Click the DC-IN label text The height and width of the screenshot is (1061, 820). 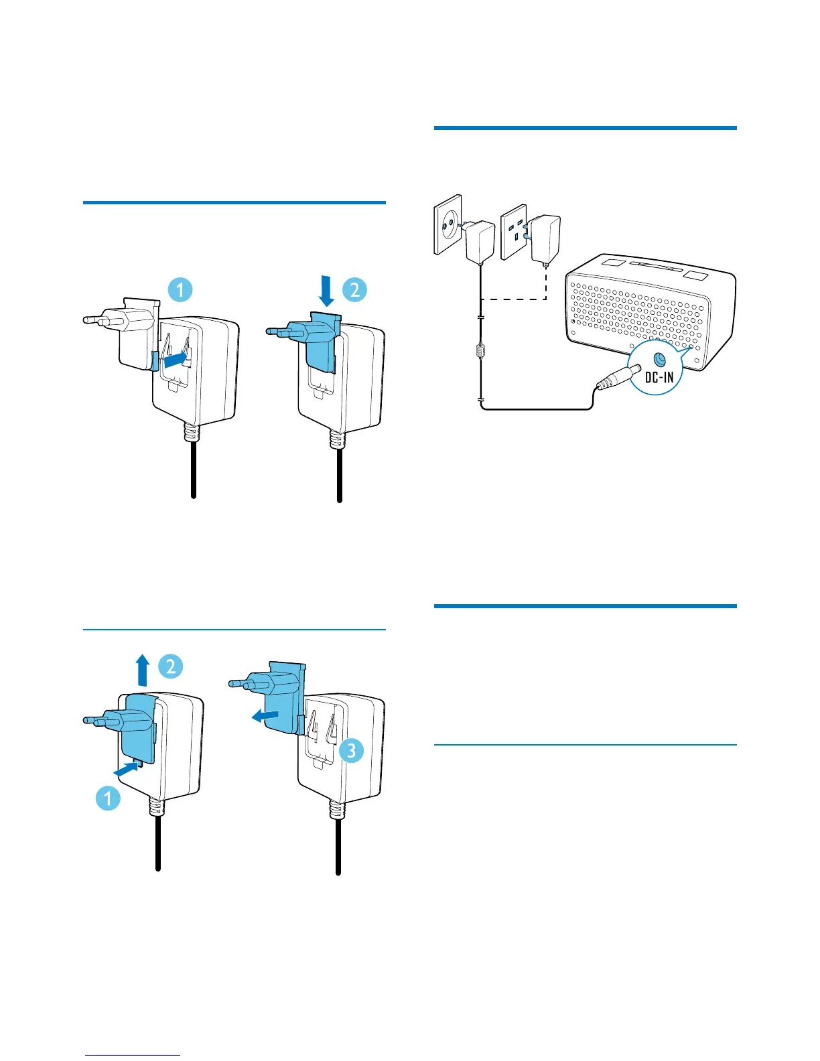(x=659, y=378)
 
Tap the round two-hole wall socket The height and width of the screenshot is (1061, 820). (x=447, y=224)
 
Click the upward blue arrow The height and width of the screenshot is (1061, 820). (x=142, y=670)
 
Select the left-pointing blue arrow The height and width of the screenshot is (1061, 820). (x=265, y=716)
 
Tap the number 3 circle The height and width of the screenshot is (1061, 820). (x=351, y=750)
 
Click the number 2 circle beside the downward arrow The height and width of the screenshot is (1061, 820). (x=354, y=289)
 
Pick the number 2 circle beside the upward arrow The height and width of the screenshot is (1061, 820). (x=170, y=666)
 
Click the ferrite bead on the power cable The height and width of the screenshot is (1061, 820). (x=480, y=352)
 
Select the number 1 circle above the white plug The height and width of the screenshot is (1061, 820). (x=180, y=289)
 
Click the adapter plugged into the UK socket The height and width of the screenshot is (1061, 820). (x=544, y=240)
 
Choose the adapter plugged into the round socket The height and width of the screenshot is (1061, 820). (x=480, y=240)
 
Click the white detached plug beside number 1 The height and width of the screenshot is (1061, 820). (x=134, y=332)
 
